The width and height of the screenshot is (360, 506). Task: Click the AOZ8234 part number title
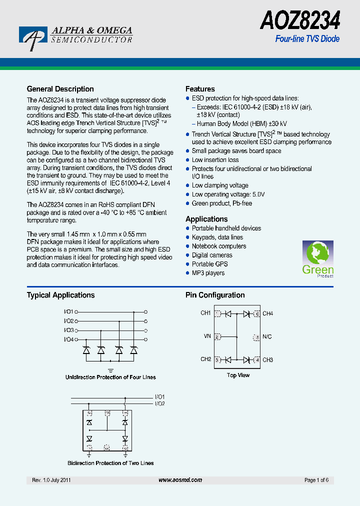pyautogui.click(x=300, y=21)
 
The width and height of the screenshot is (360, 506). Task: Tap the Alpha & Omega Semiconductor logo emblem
pyautogui.click(x=33, y=38)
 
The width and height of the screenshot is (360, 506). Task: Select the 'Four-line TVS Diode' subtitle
pyautogui.click(x=307, y=38)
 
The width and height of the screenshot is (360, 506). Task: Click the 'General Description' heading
pyautogui.click(x=60, y=89)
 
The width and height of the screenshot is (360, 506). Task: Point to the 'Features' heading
pyautogui.click(x=200, y=89)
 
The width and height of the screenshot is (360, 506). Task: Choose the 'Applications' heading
pyautogui.click(x=206, y=219)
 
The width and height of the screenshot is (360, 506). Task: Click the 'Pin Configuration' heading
pyautogui.click(x=215, y=295)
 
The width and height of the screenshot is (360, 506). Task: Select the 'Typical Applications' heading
pyautogui.click(x=60, y=295)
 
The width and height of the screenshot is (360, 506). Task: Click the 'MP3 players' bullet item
pyautogui.click(x=208, y=273)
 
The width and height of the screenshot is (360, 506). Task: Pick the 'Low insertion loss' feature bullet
pyautogui.click(x=215, y=160)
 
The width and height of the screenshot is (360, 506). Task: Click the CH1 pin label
pyautogui.click(x=205, y=313)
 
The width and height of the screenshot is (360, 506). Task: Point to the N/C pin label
pyautogui.click(x=267, y=336)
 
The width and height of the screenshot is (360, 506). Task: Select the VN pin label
pyautogui.click(x=207, y=336)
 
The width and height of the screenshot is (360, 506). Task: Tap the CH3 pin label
pyautogui.click(x=267, y=359)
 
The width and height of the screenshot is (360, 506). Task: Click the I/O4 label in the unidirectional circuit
pyautogui.click(x=68, y=339)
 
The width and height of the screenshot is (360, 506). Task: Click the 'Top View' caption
pyautogui.click(x=238, y=375)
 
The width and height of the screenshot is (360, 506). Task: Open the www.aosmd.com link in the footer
pyautogui.click(x=180, y=480)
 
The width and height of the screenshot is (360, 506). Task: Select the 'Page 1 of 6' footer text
pyautogui.click(x=316, y=480)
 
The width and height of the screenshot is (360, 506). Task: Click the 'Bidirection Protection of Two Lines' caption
pyautogui.click(x=110, y=463)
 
